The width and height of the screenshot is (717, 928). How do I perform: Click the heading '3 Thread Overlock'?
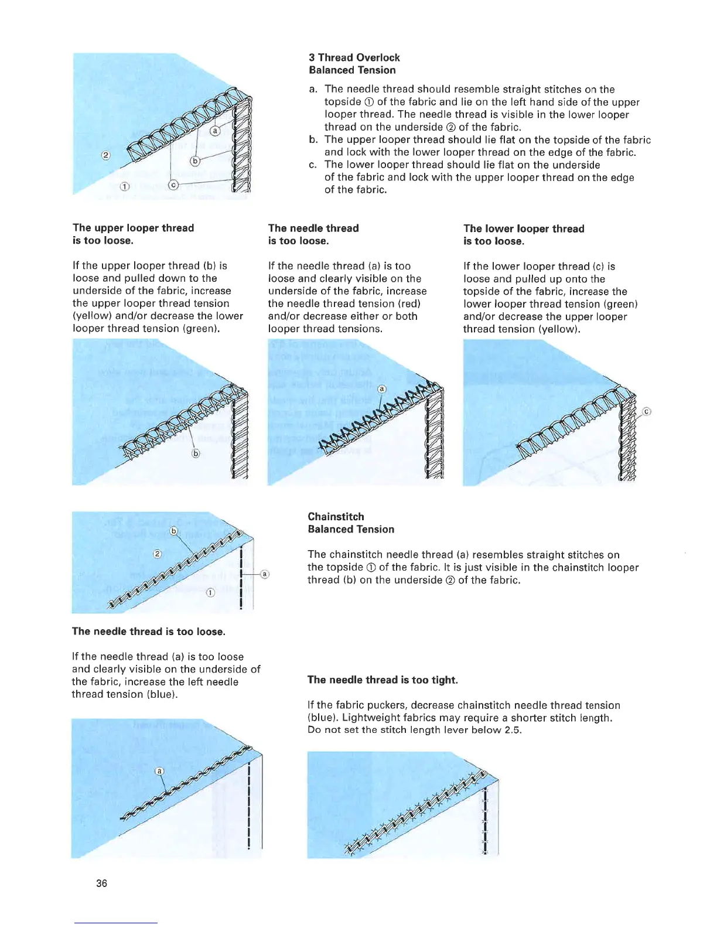(354, 57)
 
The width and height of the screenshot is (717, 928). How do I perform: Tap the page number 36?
(101, 883)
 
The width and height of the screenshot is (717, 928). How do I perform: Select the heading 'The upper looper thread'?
(133, 228)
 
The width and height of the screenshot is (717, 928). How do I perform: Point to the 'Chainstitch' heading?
(336, 516)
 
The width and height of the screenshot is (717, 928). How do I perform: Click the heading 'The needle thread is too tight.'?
(383, 680)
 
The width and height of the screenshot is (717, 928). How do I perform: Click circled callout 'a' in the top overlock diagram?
(215, 131)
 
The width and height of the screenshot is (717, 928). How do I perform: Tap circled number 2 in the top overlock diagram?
(105, 155)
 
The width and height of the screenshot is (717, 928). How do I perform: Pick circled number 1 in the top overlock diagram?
(124, 187)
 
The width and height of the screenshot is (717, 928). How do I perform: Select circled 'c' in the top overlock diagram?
(173, 185)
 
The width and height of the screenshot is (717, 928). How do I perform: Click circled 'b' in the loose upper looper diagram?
(196, 453)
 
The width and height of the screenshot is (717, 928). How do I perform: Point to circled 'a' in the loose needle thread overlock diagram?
(382, 389)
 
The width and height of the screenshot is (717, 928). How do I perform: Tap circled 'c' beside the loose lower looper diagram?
(647, 411)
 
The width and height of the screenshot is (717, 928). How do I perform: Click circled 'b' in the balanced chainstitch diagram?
(173, 531)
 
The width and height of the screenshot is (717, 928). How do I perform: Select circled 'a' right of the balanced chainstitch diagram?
(265, 574)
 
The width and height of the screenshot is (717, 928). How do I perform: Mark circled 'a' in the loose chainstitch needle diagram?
(159, 771)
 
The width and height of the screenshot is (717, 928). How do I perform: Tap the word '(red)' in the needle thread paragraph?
(409, 303)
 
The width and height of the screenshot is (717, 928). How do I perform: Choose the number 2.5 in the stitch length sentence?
(512, 730)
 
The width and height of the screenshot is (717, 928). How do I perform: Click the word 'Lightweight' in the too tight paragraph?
(371, 718)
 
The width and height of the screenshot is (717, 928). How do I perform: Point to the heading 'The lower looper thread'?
(524, 228)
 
